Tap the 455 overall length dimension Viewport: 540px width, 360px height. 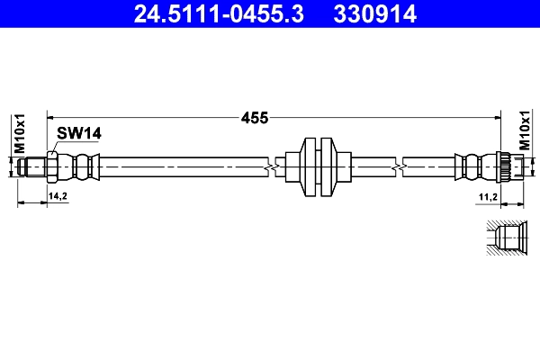[x=255, y=117]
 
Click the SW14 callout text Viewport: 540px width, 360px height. [x=78, y=132]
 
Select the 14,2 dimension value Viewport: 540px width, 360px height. [x=58, y=195]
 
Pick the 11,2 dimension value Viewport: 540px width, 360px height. [x=487, y=195]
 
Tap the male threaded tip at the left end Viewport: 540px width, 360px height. [x=35, y=166]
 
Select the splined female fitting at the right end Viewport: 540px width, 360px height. [x=508, y=166]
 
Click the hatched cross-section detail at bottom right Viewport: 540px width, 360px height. [x=506, y=238]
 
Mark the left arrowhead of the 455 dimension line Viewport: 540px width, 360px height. [x=51, y=117]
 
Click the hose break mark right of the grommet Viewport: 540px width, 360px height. [x=397, y=166]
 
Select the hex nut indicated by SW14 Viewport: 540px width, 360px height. [x=53, y=166]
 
